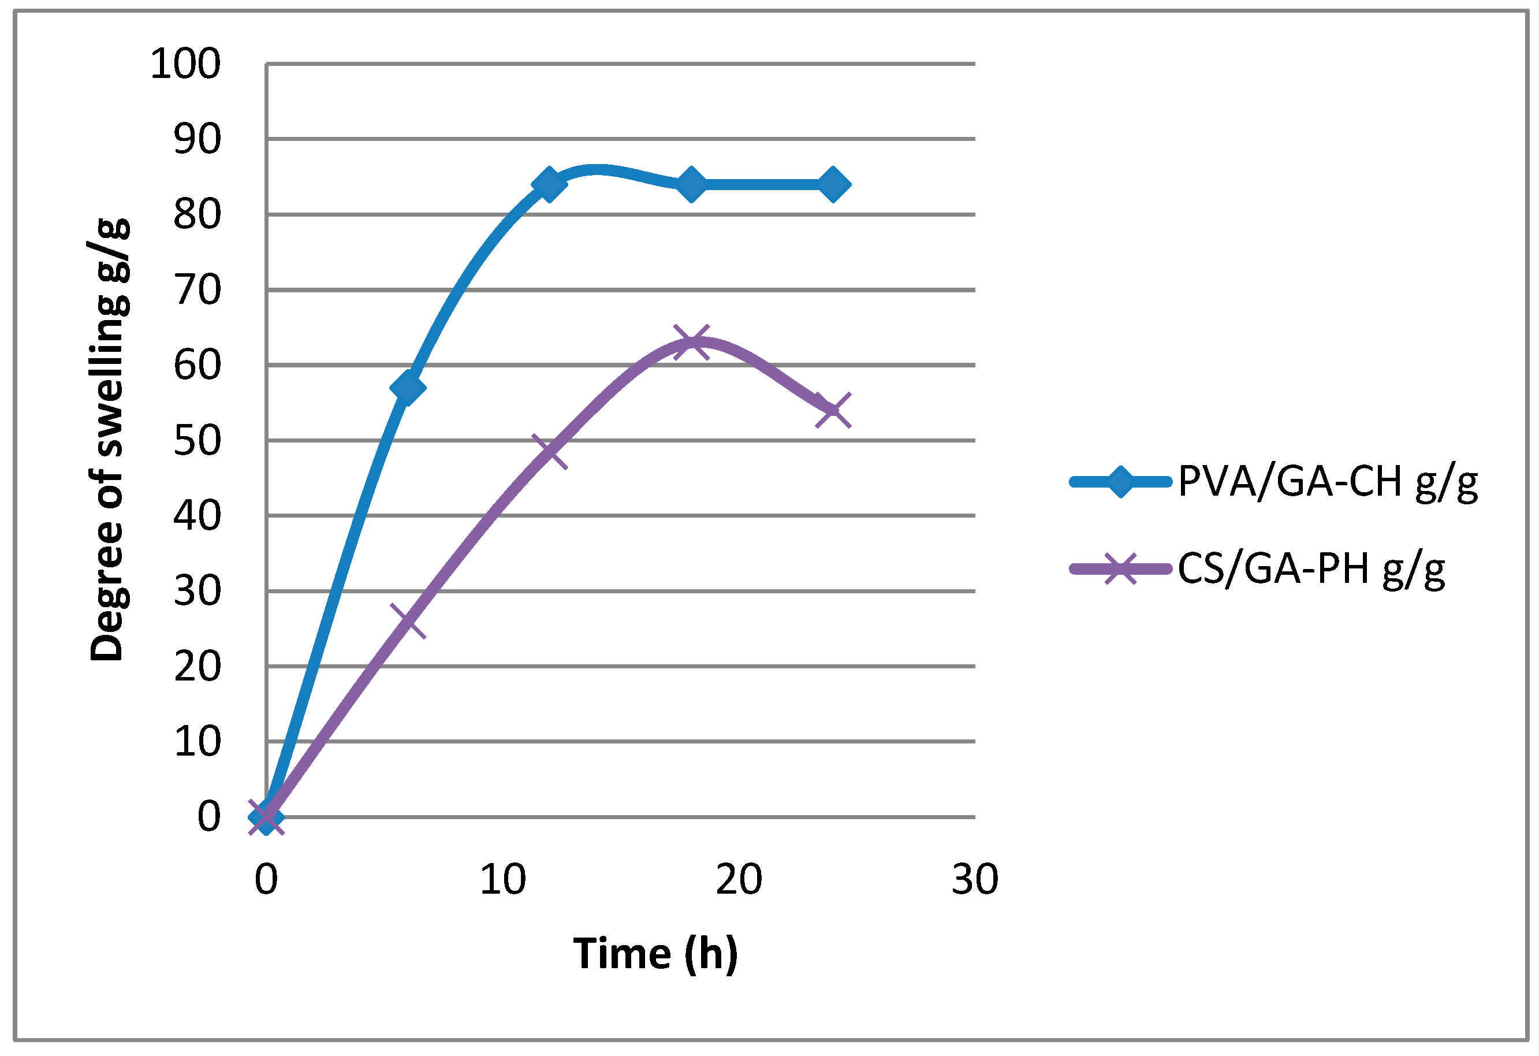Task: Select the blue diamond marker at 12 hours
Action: click(x=550, y=184)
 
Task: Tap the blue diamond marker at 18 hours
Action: click(x=692, y=184)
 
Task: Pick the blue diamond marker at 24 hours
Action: click(x=834, y=184)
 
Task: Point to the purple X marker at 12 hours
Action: click(x=550, y=452)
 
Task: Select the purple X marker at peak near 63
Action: click(x=692, y=343)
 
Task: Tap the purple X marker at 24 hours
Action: click(x=834, y=410)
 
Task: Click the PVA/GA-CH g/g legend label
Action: click(x=1328, y=482)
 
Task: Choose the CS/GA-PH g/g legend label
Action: click(x=1311, y=569)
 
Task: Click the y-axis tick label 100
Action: click(x=185, y=64)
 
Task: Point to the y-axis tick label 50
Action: click(x=198, y=441)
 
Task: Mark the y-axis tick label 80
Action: click(x=198, y=215)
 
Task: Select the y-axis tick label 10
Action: click(x=198, y=741)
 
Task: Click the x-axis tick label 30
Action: click(x=975, y=880)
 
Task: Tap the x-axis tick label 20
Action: click(x=739, y=880)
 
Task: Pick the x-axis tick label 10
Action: click(x=502, y=880)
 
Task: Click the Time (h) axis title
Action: click(x=655, y=954)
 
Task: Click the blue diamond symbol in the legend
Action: click(x=1120, y=482)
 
